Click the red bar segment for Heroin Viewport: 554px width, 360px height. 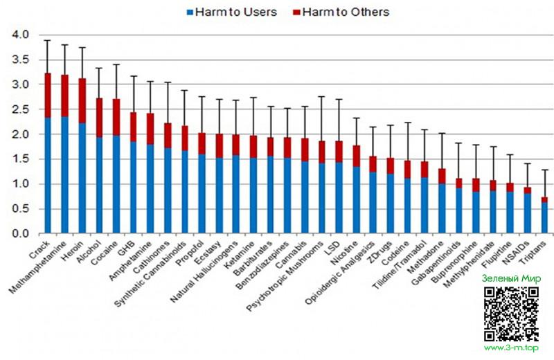coord(81,101)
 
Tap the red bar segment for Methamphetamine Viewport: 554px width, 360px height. coord(64,96)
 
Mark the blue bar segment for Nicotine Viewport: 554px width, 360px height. coord(356,200)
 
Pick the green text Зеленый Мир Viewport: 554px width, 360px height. coord(510,278)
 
